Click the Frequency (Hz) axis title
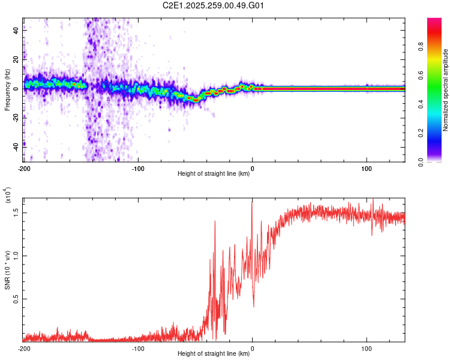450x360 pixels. [x=8, y=89]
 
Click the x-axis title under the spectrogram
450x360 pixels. [x=214, y=174]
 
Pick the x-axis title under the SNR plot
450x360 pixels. [x=214, y=354]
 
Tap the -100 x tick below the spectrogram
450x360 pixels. [x=138, y=167]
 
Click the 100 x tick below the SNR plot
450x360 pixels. [x=367, y=348]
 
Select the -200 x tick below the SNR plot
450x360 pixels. [x=24, y=348]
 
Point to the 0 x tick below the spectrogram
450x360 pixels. [x=253, y=167]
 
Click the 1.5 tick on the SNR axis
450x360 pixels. [x=17, y=212]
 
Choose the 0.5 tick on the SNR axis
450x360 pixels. [x=17, y=299]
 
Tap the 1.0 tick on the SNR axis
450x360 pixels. [x=17, y=255]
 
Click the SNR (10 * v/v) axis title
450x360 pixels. [x=8, y=269]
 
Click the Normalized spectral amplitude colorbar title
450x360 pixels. [x=446, y=90]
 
